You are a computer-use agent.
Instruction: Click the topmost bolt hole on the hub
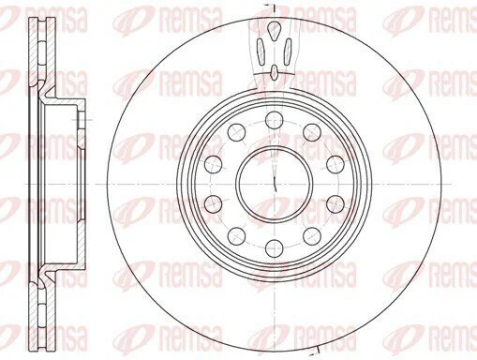[275, 120]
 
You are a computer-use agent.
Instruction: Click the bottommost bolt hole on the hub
[275, 248]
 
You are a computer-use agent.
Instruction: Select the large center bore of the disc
[275, 184]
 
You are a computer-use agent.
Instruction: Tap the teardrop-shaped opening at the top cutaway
[275, 30]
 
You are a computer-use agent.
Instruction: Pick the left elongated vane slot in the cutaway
[261, 52]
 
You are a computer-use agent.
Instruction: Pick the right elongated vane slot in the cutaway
[288, 52]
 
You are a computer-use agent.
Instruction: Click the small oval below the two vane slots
[274, 72]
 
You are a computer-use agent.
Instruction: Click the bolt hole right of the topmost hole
[312, 132]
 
